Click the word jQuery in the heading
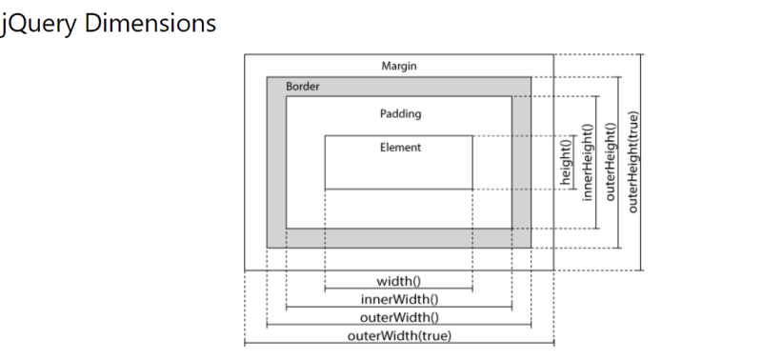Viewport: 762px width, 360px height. pos(38,23)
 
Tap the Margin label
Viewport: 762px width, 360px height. pos(398,66)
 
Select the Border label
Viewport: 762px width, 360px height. pos(302,87)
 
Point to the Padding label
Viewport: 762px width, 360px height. pos(399,113)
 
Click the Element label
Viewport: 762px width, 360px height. pos(399,148)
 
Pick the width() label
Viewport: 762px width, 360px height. pos(399,280)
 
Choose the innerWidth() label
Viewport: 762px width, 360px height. pos(399,299)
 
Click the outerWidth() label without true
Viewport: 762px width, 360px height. pos(399,317)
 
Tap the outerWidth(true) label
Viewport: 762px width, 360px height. pos(399,335)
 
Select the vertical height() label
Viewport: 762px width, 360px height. pos(564,162)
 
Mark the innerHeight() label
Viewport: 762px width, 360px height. pos(588,162)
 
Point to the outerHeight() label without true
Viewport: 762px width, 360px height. pos(612,162)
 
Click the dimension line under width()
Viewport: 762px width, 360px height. pos(399,289)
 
